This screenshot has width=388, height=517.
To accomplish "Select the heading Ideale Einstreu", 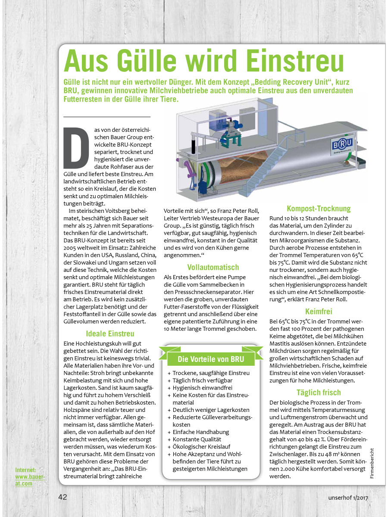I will click(x=110, y=333).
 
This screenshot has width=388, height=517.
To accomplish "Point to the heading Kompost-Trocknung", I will click(x=319, y=209).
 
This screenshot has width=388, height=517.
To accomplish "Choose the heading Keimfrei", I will click(x=319, y=311).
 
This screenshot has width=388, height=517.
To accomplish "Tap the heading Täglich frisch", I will click(x=319, y=392).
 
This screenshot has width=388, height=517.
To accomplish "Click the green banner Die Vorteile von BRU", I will click(x=210, y=359).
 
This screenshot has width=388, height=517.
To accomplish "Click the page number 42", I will click(x=63, y=497).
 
